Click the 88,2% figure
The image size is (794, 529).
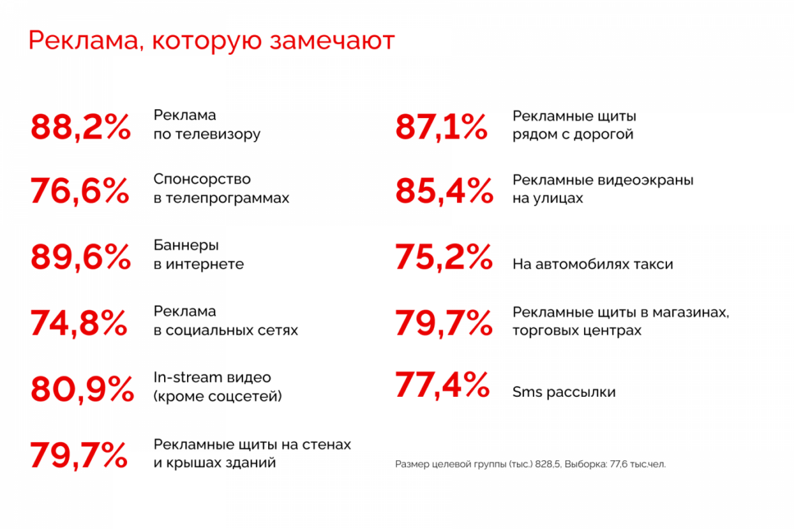pyautogui.click(x=80, y=127)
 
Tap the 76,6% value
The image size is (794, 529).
pyautogui.click(x=80, y=192)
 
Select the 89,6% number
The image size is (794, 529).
pyautogui.click(x=80, y=257)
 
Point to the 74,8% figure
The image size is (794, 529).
pyautogui.click(x=79, y=323)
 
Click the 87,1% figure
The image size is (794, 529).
pyautogui.click(x=441, y=127)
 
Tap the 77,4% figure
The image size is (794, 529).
pyautogui.click(x=442, y=385)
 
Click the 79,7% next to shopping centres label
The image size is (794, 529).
pyautogui.click(x=444, y=323)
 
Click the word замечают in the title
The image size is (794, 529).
pyautogui.click(x=332, y=40)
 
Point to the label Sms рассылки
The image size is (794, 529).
pyautogui.click(x=564, y=392)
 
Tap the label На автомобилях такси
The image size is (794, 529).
pyautogui.click(x=593, y=264)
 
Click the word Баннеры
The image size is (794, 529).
pyautogui.click(x=186, y=245)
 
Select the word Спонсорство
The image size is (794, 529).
pyautogui.click(x=202, y=179)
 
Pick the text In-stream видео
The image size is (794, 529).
pyautogui.click(x=212, y=377)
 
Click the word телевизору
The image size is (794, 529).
pyautogui.click(x=217, y=134)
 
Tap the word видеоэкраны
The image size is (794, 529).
pyautogui.click(x=645, y=180)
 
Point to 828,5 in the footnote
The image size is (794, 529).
pyautogui.click(x=548, y=464)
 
